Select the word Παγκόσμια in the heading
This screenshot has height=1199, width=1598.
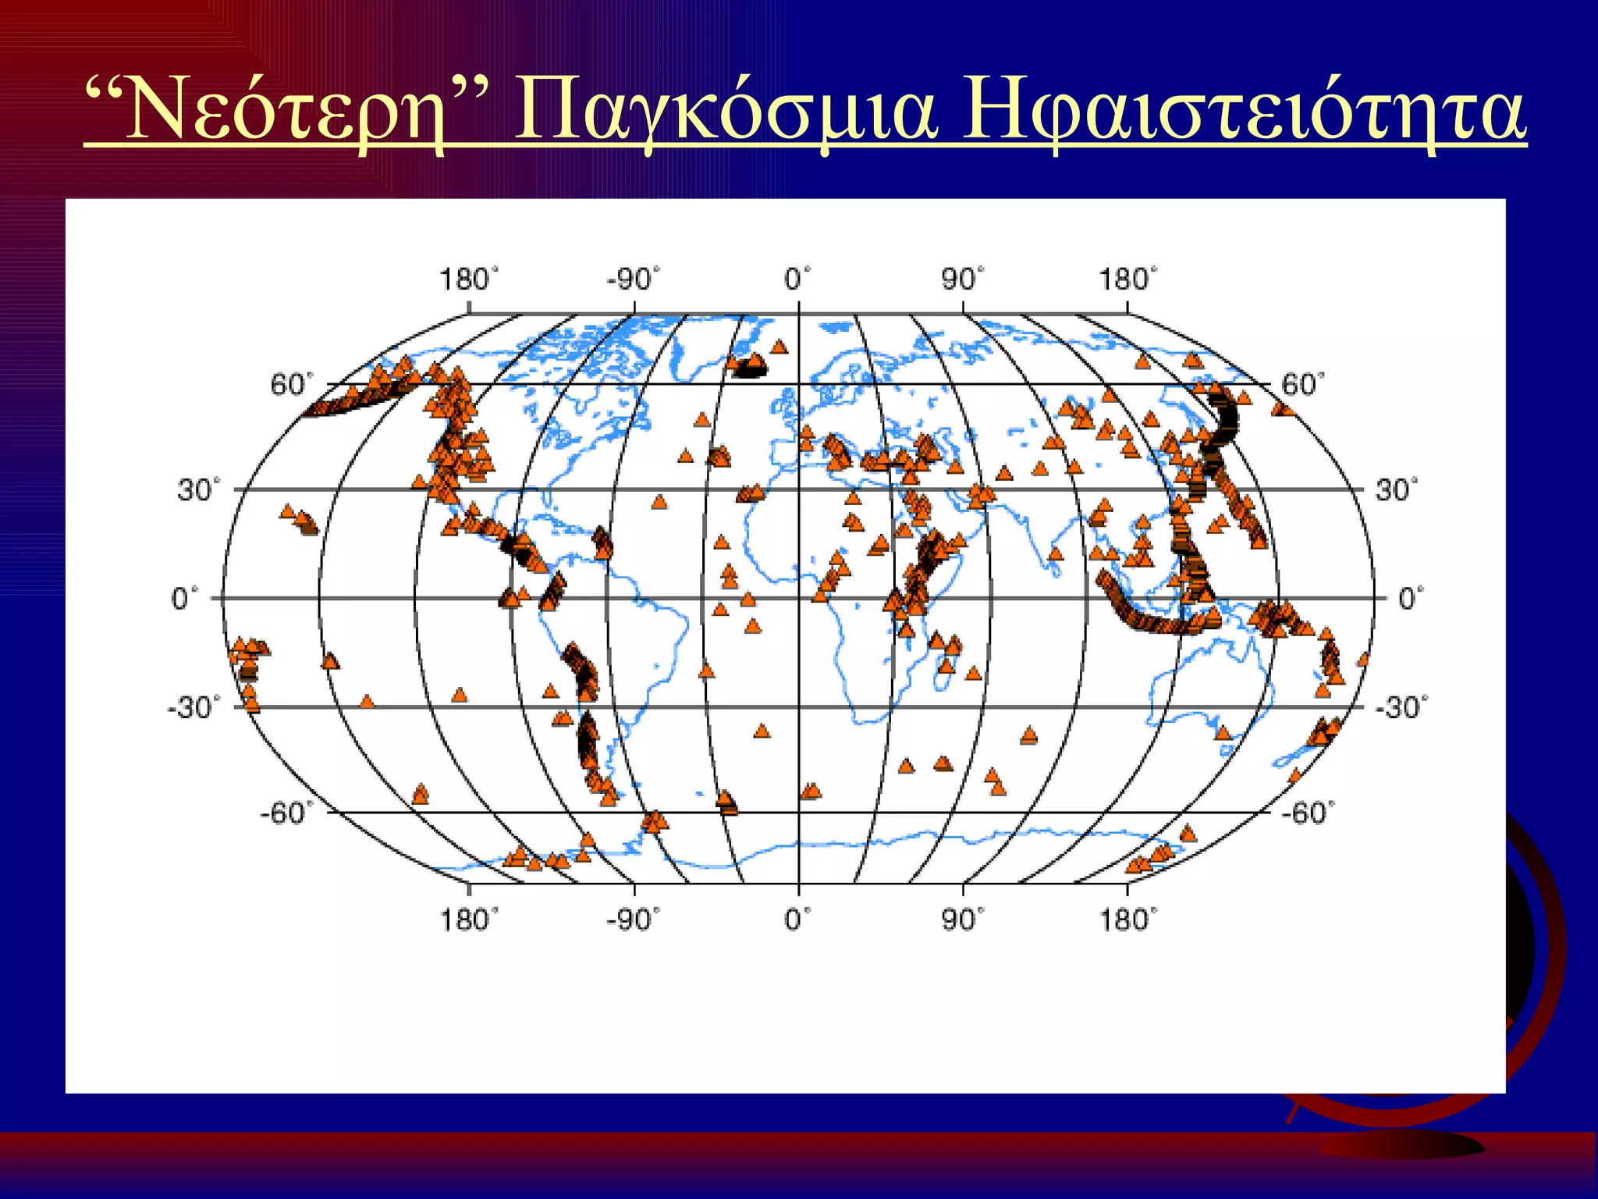(726, 113)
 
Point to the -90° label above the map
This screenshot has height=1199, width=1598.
(633, 279)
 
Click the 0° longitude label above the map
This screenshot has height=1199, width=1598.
(797, 279)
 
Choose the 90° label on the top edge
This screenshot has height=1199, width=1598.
(962, 279)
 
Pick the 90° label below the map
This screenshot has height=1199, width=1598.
(962, 920)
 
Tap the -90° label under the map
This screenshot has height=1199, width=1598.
(633, 920)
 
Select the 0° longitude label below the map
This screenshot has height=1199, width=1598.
(797, 920)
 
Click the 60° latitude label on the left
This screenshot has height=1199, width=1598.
(291, 385)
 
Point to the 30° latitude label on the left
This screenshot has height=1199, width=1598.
(198, 491)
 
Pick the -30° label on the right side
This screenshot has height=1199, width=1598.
(1401, 708)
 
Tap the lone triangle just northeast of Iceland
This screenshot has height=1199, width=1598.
(779, 347)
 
